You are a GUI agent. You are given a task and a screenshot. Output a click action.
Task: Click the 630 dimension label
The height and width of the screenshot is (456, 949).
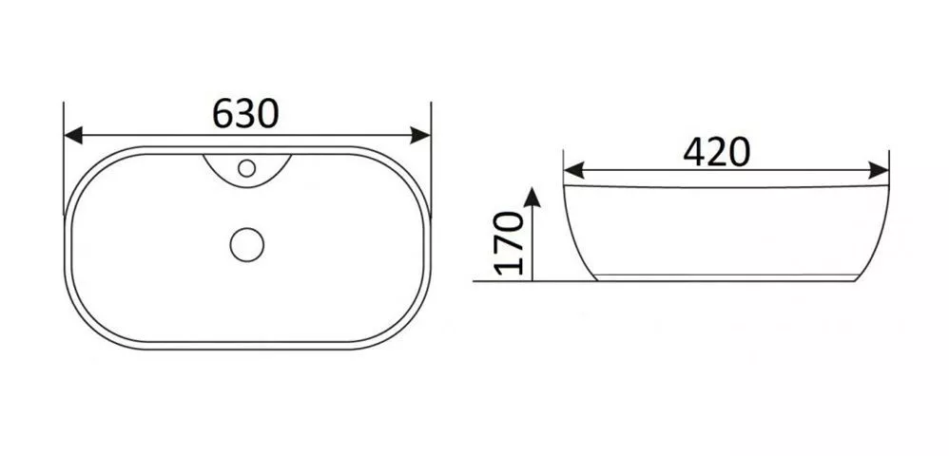pos(245,113)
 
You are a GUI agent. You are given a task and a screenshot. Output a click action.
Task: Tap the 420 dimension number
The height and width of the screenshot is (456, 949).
pos(717,151)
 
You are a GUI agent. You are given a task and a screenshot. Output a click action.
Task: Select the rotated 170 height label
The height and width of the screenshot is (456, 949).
pos(509,242)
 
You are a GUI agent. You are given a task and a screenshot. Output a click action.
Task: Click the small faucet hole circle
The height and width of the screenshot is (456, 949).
pos(246,167)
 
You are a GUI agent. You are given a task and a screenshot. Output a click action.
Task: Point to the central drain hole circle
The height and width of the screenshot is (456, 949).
pos(247,245)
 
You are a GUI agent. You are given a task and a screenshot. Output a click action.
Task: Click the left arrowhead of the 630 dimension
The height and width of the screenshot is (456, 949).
pos(73,136)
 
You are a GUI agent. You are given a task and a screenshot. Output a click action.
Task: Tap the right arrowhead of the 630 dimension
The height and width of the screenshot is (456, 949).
pos(420,136)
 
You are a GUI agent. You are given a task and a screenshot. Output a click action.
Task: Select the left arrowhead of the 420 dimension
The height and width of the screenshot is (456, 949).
pos(573,171)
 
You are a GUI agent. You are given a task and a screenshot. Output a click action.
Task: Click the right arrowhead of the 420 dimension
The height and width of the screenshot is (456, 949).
pos(879,171)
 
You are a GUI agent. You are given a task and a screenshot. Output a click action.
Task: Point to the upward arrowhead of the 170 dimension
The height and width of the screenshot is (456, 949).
pos(532,198)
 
